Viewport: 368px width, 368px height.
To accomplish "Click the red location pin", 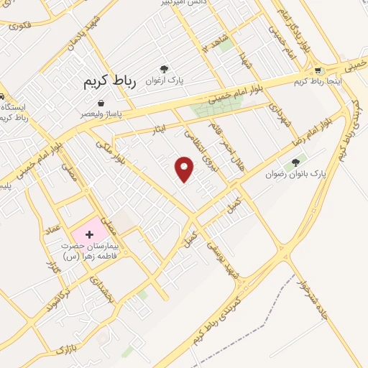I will coord(185,169).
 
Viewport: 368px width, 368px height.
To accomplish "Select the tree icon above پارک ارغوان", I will coord(165,70).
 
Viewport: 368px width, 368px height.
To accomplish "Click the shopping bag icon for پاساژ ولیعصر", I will coord(100,103).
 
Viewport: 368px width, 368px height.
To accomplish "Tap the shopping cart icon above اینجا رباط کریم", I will coord(318,70).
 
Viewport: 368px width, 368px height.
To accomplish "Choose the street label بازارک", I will coord(66,350).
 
